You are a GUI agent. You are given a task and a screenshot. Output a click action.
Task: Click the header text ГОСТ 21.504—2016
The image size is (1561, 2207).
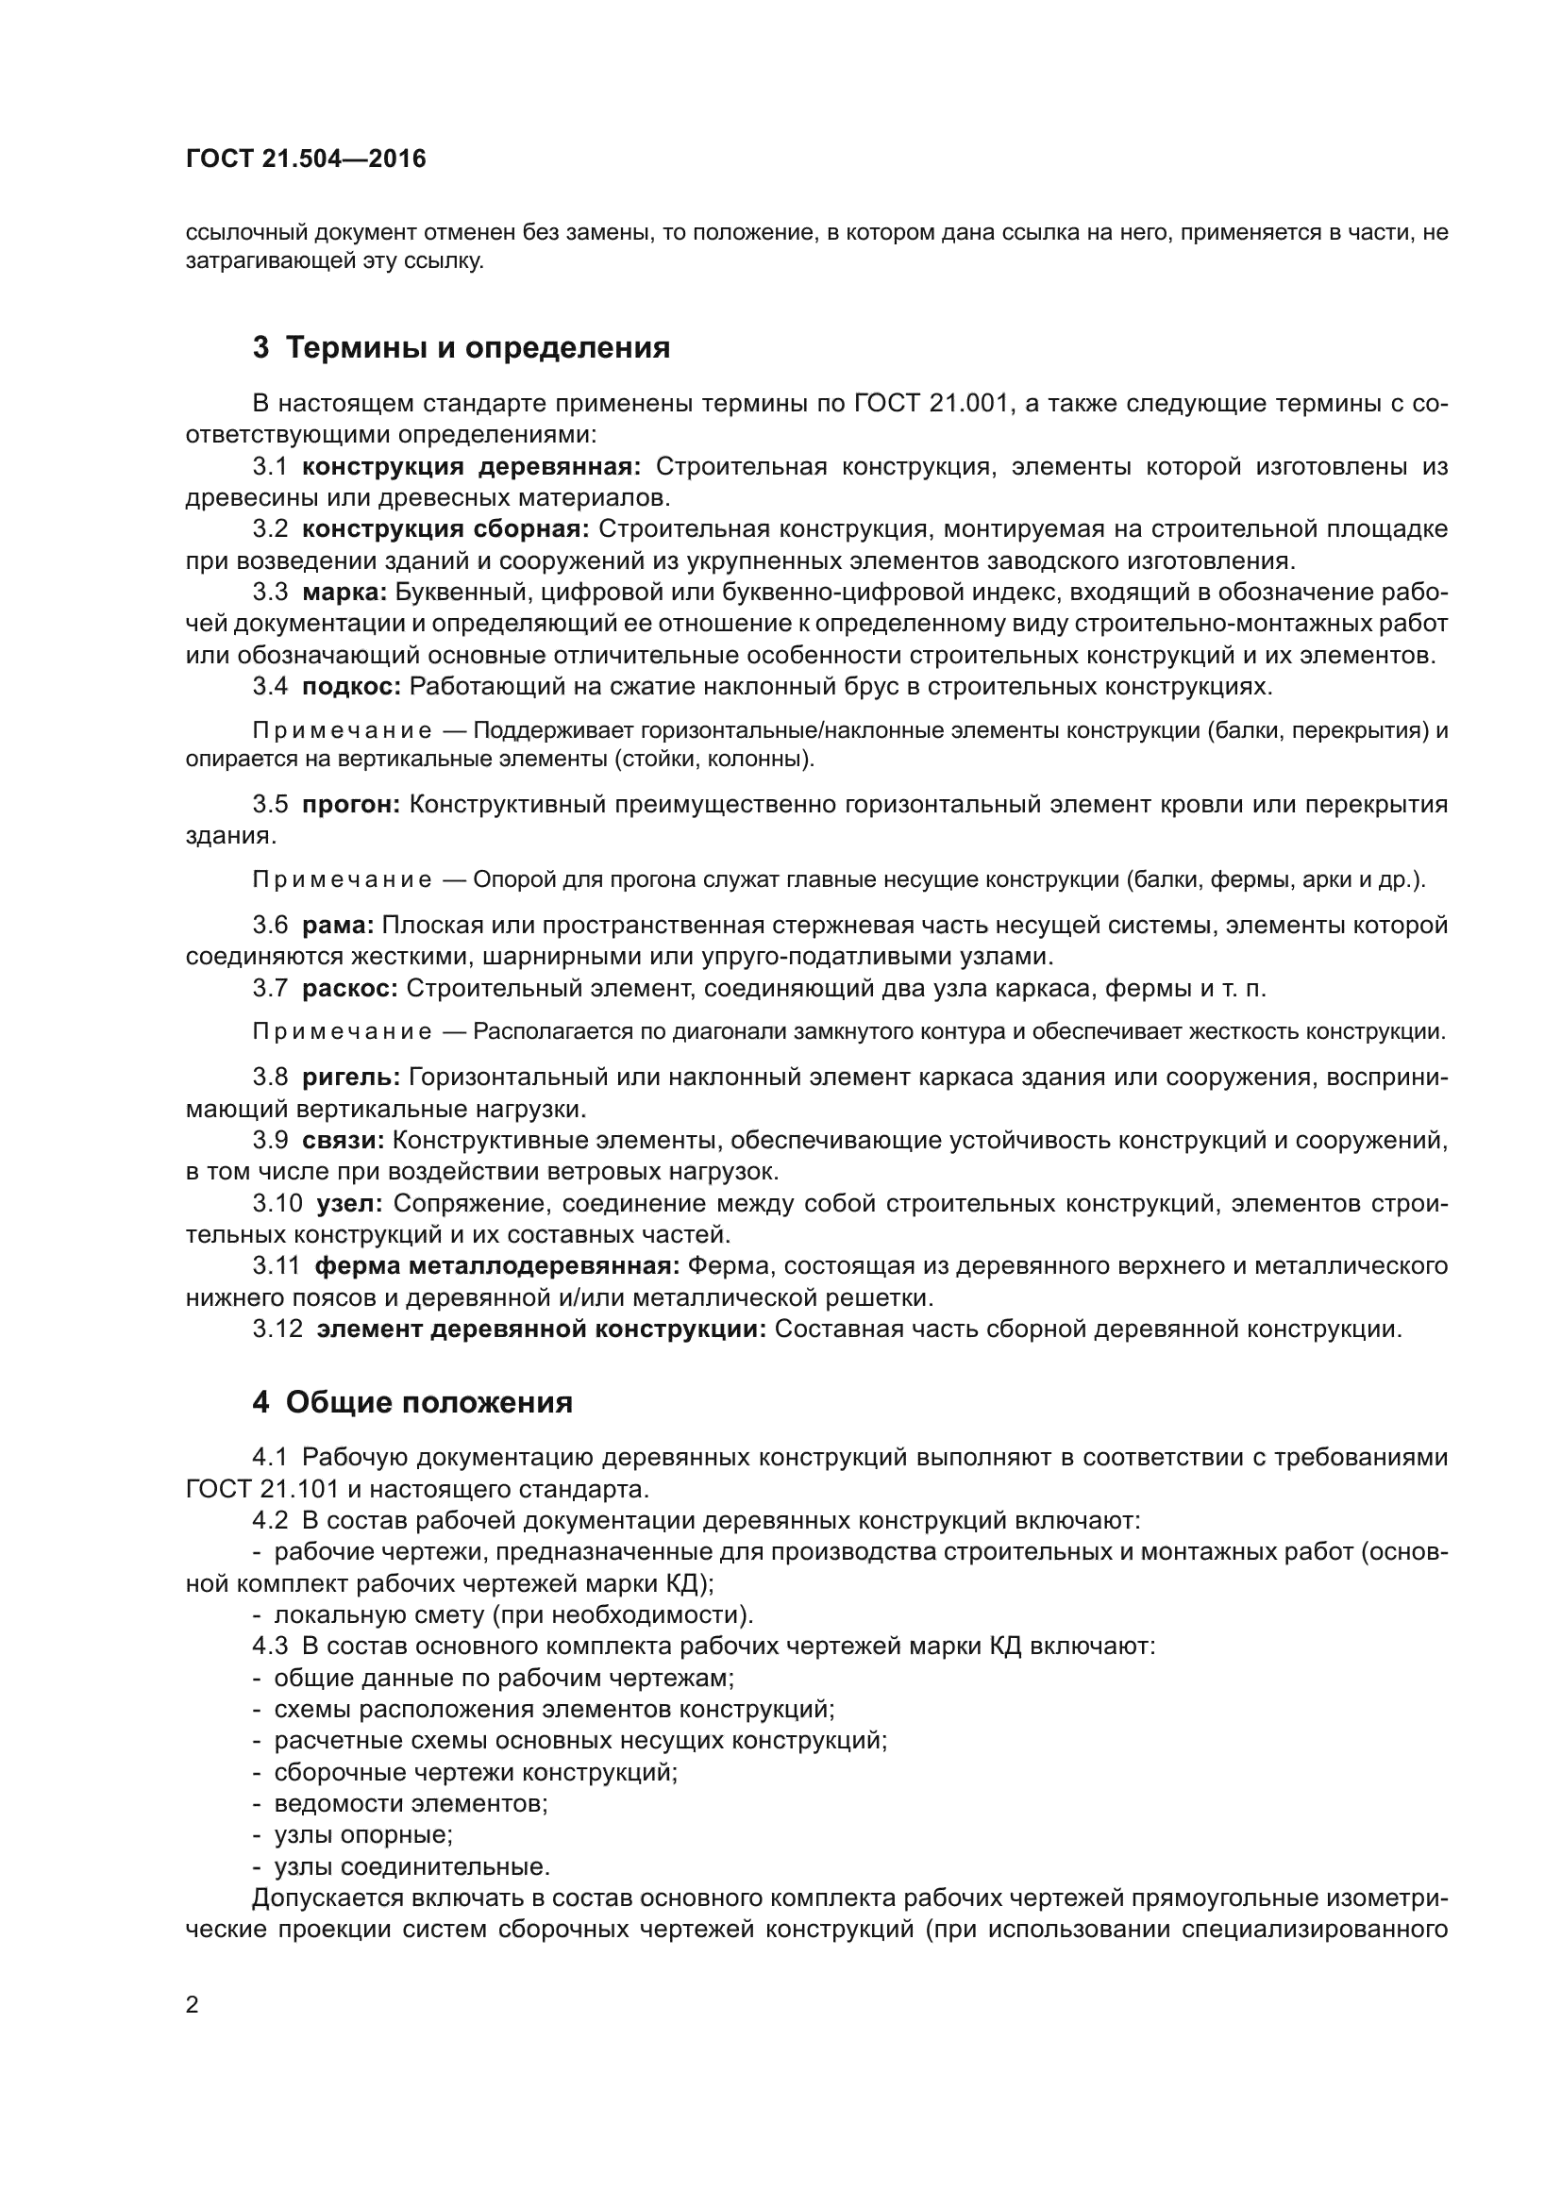point(306,159)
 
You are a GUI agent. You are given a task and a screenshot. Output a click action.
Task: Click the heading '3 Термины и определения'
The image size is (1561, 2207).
point(462,347)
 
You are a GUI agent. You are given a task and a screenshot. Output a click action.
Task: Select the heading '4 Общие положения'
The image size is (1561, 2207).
point(412,1402)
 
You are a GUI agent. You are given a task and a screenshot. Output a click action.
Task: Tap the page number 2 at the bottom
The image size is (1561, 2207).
point(193,2003)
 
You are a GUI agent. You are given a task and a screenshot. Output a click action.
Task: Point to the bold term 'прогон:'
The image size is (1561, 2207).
point(351,804)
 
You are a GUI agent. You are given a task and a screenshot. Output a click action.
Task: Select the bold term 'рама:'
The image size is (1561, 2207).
point(337,925)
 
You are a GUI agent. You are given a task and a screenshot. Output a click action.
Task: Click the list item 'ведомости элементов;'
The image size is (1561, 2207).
point(411,1802)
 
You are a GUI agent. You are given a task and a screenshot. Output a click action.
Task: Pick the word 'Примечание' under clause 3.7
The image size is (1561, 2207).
point(342,1032)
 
